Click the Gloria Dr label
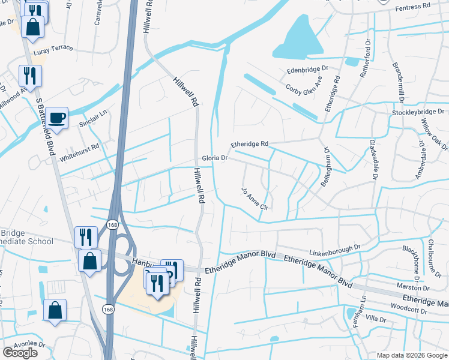point(214,158)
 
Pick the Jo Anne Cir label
point(254,199)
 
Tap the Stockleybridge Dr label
point(417,112)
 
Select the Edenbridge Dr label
point(308,70)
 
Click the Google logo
point(20,353)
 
